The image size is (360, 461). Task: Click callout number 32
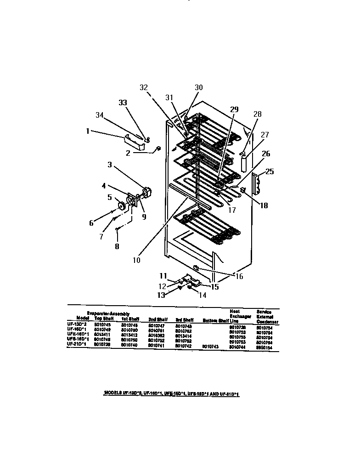[x=144, y=87]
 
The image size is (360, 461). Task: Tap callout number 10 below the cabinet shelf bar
[x=136, y=259]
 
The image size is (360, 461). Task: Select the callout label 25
[x=270, y=172]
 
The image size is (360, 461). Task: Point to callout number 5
[x=110, y=198]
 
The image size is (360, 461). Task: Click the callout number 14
[x=202, y=296]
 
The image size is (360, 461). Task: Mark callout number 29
[x=234, y=109]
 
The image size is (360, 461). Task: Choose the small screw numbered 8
[x=118, y=228]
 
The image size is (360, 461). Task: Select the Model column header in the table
[x=83, y=318]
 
